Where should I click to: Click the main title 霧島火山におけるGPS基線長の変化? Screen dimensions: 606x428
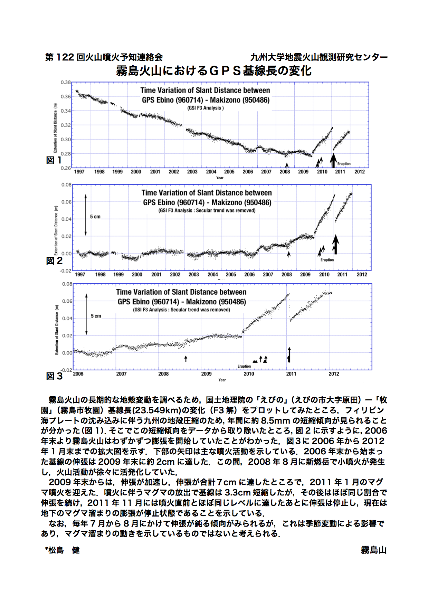pyautogui.click(x=214, y=71)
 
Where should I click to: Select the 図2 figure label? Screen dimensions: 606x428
pyautogui.click(x=54, y=261)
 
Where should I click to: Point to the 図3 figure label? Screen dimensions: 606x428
pyautogui.click(x=54, y=376)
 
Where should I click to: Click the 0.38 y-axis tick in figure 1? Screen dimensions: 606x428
pyautogui.click(x=66, y=83)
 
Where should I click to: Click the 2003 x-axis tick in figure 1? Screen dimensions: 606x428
pyautogui.click(x=192, y=172)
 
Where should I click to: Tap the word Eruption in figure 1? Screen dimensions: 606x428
pyautogui.click(x=344, y=164)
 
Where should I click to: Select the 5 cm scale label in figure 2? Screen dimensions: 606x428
pyautogui.click(x=95, y=217)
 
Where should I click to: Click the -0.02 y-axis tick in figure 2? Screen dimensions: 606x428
pyautogui.click(x=66, y=271)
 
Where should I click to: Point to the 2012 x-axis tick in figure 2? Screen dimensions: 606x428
pyautogui.click(x=362, y=274)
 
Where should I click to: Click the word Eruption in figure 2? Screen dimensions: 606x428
pyautogui.click(x=327, y=260)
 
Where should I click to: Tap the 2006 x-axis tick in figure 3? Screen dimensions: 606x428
pyautogui.click(x=78, y=374)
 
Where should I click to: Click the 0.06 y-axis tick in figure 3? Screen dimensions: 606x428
pyautogui.click(x=67, y=301)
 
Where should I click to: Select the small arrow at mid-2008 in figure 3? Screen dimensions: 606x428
pyautogui.click(x=186, y=359)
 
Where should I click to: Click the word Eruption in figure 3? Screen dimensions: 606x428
pyautogui.click(x=244, y=366)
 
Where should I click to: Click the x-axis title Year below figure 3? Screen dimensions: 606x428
pyautogui.click(x=222, y=380)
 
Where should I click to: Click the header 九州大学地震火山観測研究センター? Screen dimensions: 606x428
pyautogui.click(x=318, y=57)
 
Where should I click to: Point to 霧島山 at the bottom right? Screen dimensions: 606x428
pyautogui.click(x=374, y=550)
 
